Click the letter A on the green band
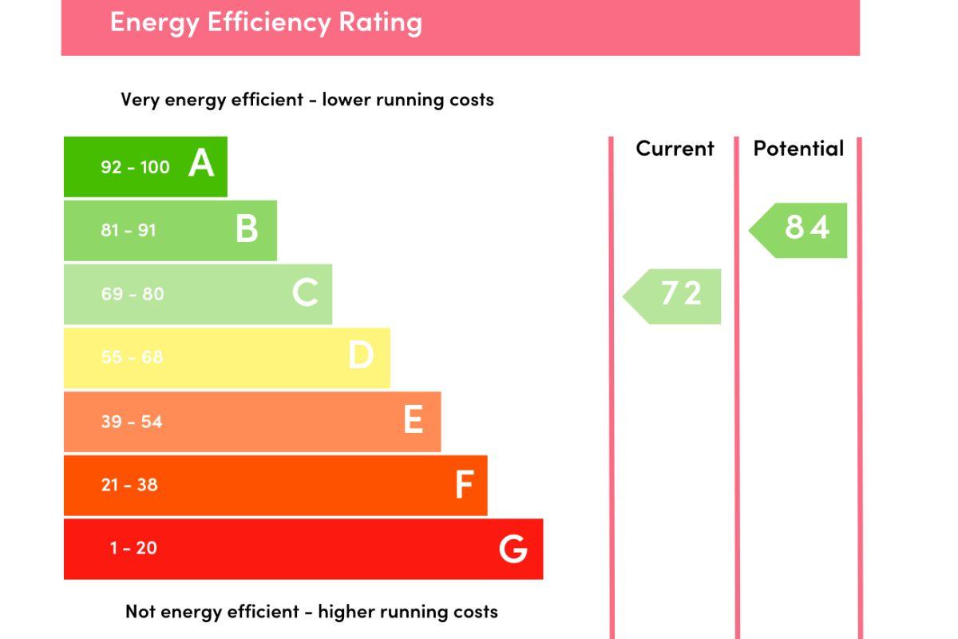click(x=201, y=164)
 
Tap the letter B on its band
click(x=247, y=229)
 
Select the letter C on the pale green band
click(x=305, y=293)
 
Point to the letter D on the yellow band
click(x=361, y=355)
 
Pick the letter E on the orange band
click(x=413, y=419)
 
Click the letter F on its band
click(x=464, y=484)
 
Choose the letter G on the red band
click(x=513, y=549)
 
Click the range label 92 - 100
click(x=135, y=167)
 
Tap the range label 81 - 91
click(x=129, y=230)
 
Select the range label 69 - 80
click(x=133, y=294)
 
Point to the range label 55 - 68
click(x=132, y=357)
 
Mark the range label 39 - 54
click(x=132, y=421)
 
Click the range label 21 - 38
click(x=129, y=484)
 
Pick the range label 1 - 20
click(x=133, y=548)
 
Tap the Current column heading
click(x=675, y=149)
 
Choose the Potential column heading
click(x=798, y=149)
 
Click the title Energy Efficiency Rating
click(x=266, y=22)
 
